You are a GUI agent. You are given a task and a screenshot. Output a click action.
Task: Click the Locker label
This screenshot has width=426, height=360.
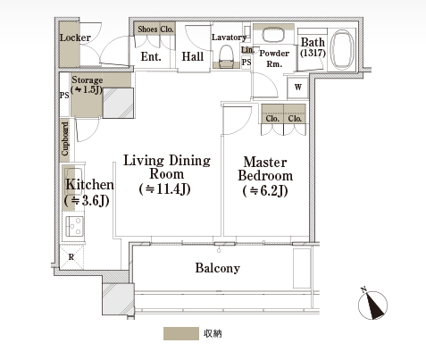tap(75, 38)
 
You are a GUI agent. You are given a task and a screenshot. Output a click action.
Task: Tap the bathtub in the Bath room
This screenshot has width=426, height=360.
tap(343, 50)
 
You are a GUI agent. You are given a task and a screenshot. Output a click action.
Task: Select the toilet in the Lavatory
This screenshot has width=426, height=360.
tap(226, 56)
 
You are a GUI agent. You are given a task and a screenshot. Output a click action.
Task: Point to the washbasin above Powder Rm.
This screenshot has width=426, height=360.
tap(273, 35)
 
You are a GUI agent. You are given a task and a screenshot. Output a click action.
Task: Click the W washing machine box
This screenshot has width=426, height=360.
tap(297, 88)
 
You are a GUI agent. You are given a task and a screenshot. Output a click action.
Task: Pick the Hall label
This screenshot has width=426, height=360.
tap(193, 56)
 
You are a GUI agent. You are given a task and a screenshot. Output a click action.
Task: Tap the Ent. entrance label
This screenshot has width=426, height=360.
tap(151, 56)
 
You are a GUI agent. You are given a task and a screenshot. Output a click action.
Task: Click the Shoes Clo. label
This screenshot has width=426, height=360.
tap(155, 29)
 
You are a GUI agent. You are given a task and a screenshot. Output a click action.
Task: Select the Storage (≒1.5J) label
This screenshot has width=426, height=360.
tap(87, 85)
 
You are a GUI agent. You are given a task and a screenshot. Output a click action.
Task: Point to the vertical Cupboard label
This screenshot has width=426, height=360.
tap(65, 138)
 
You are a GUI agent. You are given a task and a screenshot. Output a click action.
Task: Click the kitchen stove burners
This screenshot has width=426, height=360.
tap(74, 226)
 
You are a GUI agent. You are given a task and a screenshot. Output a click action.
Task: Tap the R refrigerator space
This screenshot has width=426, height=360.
tap(71, 256)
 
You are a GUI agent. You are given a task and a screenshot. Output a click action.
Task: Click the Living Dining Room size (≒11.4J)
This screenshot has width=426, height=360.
tap(164, 189)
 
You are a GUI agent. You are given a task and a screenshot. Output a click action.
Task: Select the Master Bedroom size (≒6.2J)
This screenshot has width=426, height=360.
tap(265, 190)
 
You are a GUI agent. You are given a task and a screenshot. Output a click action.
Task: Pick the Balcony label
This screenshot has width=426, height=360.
tap(218, 268)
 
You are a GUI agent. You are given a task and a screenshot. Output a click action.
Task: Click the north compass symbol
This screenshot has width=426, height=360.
tap(372, 305)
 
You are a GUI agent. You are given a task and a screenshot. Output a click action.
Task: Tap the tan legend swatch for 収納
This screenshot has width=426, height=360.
tap(181, 333)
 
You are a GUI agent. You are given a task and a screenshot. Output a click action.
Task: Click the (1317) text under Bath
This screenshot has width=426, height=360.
tap(313, 53)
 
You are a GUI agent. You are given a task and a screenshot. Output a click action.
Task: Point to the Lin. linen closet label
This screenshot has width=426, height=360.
tap(247, 50)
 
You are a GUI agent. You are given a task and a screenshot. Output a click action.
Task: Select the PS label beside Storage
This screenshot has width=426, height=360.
tap(64, 96)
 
